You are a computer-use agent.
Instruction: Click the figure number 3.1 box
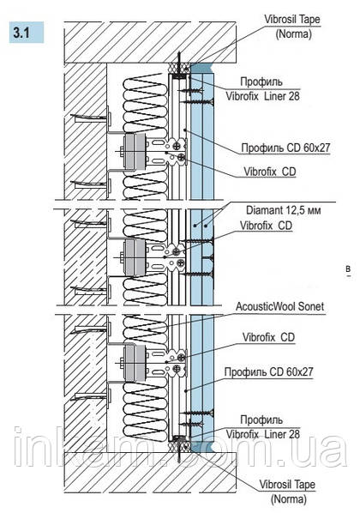[27, 33]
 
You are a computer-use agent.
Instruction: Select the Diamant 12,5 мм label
[283, 210]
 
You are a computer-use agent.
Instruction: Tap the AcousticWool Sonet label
[280, 306]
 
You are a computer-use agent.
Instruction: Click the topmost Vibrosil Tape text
[292, 20]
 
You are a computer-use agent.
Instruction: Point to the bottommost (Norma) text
[288, 499]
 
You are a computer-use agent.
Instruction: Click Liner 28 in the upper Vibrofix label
[282, 96]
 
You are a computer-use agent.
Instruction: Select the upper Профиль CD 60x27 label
[285, 148]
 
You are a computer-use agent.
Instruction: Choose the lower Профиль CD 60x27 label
[268, 372]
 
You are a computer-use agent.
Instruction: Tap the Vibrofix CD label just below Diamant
[267, 226]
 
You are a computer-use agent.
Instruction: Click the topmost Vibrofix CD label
[270, 172]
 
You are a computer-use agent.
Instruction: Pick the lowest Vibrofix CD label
[268, 337]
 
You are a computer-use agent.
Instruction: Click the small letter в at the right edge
[349, 269]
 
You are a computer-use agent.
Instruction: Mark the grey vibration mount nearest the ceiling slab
[135, 152]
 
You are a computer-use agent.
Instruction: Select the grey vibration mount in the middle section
[135, 257]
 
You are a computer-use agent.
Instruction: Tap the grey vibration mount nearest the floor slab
[135, 363]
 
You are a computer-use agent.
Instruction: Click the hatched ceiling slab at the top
[150, 43]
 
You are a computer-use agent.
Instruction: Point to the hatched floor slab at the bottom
[150, 472]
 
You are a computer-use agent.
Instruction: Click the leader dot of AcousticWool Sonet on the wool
[148, 329]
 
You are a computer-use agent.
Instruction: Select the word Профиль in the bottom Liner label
[261, 419]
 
